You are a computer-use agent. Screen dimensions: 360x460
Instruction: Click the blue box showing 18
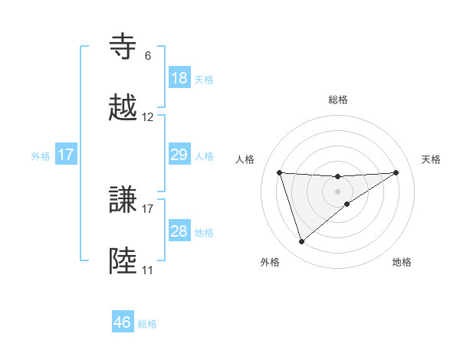[179, 78]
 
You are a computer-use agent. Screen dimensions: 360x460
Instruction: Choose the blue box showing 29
[179, 155]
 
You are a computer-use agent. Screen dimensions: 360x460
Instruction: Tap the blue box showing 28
[179, 231]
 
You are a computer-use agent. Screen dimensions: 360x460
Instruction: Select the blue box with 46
[123, 322]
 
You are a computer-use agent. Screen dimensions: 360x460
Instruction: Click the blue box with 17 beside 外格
[65, 155]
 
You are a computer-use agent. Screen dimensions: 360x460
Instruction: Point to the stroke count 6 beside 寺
[148, 56]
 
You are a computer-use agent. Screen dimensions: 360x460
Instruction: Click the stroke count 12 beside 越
[148, 117]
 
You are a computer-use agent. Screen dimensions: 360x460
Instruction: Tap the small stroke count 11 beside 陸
[148, 270]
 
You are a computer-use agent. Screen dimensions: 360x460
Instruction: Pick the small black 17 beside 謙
[148, 208]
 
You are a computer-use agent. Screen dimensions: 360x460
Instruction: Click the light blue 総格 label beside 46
[147, 324]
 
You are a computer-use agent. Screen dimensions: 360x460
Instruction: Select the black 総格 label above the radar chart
[338, 100]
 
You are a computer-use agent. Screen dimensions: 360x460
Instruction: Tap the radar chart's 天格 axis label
[432, 159]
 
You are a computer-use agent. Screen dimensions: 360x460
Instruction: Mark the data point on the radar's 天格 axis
[396, 172]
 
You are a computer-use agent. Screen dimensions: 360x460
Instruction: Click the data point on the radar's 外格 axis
[301, 242]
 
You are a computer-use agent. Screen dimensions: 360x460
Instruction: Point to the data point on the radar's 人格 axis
[279, 172]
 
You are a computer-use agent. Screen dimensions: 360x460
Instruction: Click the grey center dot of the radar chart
[338, 191]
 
